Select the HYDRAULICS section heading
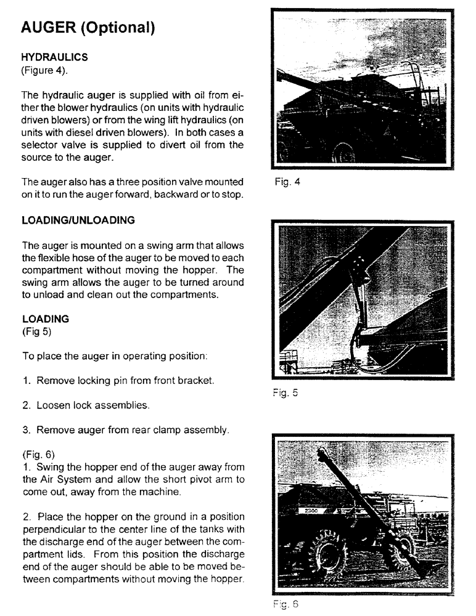[54, 57]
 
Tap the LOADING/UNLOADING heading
[78, 220]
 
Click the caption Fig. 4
[289, 182]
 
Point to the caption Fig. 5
[289, 392]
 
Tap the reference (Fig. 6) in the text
[40, 454]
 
